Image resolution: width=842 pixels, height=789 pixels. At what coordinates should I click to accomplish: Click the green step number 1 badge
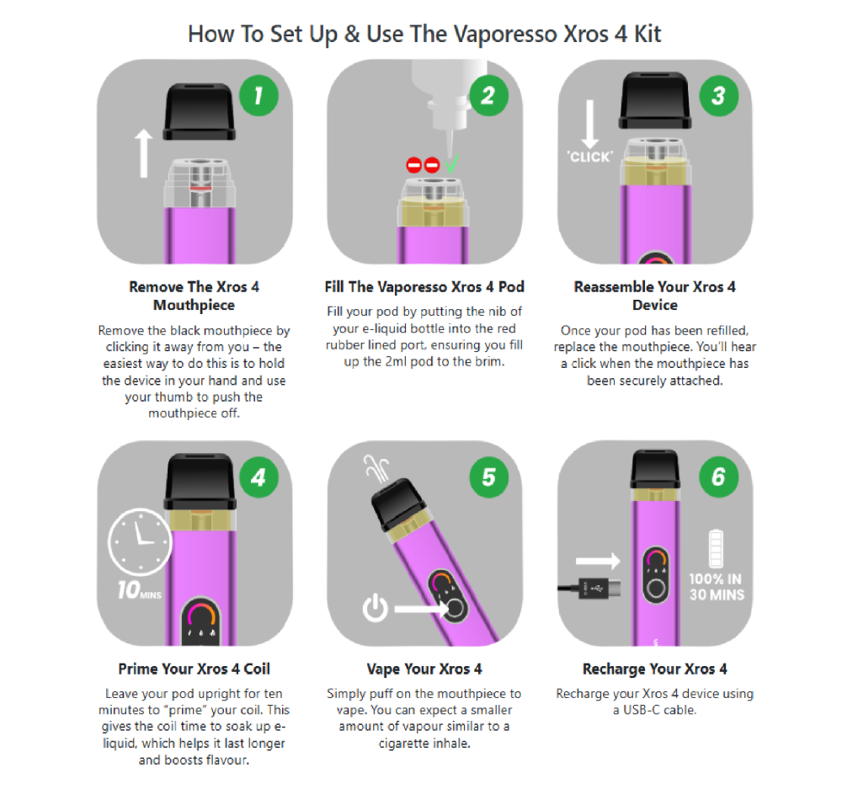(258, 96)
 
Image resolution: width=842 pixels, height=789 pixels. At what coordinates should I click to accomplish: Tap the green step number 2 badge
(488, 96)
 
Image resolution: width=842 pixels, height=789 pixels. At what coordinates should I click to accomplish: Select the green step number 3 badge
(718, 96)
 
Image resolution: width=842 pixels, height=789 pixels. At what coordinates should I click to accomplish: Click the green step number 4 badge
(258, 477)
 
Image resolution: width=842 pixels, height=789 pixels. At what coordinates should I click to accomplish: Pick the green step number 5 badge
(488, 477)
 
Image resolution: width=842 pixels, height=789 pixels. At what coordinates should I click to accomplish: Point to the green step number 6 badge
(718, 477)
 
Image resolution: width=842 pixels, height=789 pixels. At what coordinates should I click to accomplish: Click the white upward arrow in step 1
(143, 153)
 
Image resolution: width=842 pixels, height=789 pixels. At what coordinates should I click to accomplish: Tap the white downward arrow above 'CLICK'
(589, 124)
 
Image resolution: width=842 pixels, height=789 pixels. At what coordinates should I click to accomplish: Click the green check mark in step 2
(452, 164)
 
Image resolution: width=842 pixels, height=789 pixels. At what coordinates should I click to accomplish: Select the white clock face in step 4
(140, 541)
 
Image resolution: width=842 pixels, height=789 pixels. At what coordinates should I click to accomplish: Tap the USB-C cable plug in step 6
(600, 589)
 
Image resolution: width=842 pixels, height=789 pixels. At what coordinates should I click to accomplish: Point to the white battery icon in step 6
(716, 548)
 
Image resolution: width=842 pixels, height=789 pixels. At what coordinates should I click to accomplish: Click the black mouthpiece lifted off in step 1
(200, 112)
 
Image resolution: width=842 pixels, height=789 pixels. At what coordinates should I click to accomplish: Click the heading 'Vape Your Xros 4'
(424, 669)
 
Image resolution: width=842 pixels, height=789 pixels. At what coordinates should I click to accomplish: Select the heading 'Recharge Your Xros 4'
(654, 669)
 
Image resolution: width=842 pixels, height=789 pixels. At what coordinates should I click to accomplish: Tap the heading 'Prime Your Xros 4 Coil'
(194, 669)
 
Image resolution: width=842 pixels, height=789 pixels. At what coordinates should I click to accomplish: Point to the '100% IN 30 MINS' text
(717, 587)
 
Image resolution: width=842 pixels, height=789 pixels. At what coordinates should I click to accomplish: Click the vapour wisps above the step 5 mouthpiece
(376, 467)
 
